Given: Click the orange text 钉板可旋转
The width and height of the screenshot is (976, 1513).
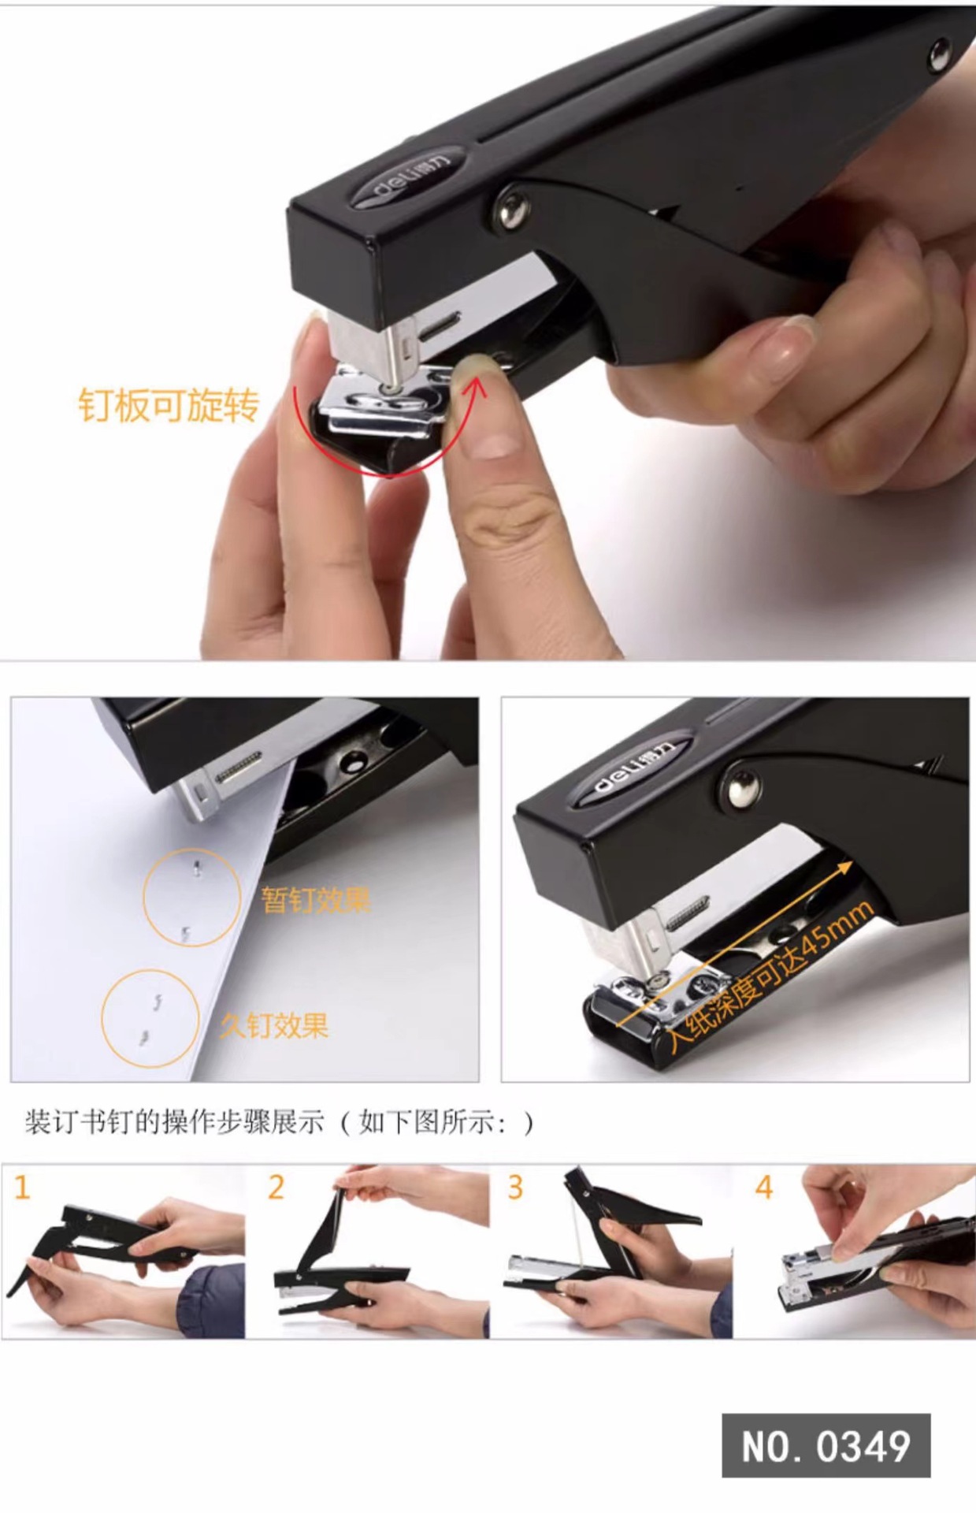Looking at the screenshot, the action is tap(169, 405).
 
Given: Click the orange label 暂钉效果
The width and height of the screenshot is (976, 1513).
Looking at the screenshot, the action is tap(316, 899).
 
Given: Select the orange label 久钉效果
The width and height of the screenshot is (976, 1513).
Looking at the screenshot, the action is tap(274, 1024).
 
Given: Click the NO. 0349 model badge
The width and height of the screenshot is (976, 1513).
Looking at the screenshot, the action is tap(826, 1445).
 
